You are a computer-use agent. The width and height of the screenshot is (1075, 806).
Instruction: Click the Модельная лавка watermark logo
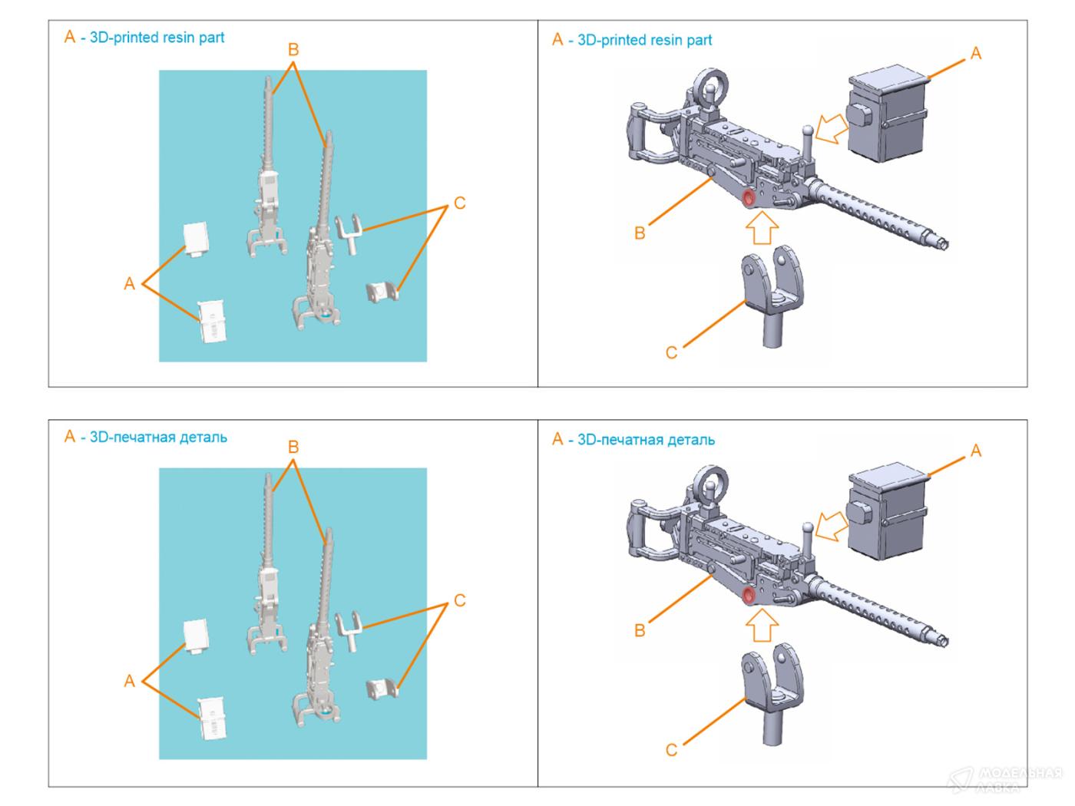(x=1006, y=779)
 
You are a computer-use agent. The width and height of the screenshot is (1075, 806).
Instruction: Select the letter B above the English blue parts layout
(x=293, y=50)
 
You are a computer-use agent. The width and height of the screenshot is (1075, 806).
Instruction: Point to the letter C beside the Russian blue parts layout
(x=459, y=600)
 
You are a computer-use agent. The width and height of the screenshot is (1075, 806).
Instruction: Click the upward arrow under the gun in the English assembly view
(x=762, y=228)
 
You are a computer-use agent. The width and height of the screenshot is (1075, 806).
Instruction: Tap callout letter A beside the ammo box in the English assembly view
(x=976, y=53)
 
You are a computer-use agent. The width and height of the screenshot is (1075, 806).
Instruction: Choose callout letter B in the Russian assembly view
(x=640, y=631)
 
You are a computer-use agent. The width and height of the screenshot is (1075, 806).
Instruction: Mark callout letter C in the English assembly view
(x=671, y=352)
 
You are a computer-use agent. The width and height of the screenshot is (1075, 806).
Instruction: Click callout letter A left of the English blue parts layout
(x=129, y=284)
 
